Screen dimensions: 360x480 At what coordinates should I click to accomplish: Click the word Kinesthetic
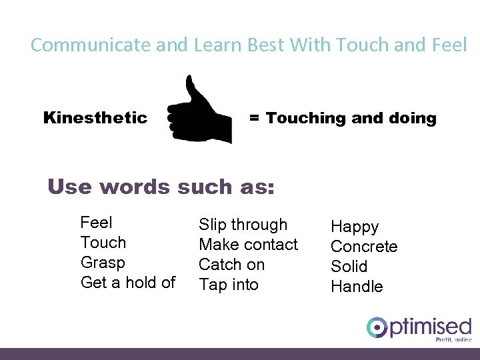pos(95,118)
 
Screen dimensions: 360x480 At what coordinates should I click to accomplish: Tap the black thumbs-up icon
pos(199,111)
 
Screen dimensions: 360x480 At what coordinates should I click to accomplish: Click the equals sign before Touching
pos(254,119)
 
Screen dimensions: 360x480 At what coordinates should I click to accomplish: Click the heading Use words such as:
pos(161,187)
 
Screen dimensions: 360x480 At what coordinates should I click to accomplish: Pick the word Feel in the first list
pos(96,223)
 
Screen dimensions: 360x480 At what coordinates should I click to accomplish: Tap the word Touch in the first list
pos(103,243)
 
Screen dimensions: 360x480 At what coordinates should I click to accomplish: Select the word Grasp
pos(103,263)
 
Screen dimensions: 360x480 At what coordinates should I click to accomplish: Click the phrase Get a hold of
pos(127,283)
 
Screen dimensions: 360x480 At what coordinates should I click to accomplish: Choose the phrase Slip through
pos(243,225)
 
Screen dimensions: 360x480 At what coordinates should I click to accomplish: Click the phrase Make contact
pos(248,245)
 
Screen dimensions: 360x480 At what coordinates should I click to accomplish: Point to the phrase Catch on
pos(231,265)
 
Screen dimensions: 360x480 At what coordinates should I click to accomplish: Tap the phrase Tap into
pos(228,285)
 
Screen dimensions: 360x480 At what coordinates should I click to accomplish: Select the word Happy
pos(355,227)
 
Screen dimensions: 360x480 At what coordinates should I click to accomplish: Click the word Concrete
pos(364,247)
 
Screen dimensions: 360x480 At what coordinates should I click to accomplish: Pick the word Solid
pos(349,267)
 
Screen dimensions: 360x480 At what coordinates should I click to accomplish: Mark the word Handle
pos(357,287)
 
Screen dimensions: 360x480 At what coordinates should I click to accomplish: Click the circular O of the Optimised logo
pos(377,327)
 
